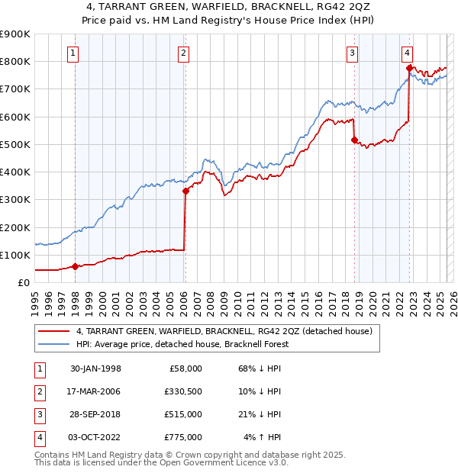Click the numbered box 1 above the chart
[x=73, y=53]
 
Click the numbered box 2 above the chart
[x=185, y=53]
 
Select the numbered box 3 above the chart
[x=352, y=53]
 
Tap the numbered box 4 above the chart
[x=408, y=53]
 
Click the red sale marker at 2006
[x=185, y=191]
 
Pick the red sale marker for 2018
[x=354, y=140]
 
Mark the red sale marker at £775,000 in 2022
[x=409, y=69]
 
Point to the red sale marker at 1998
[x=76, y=266]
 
